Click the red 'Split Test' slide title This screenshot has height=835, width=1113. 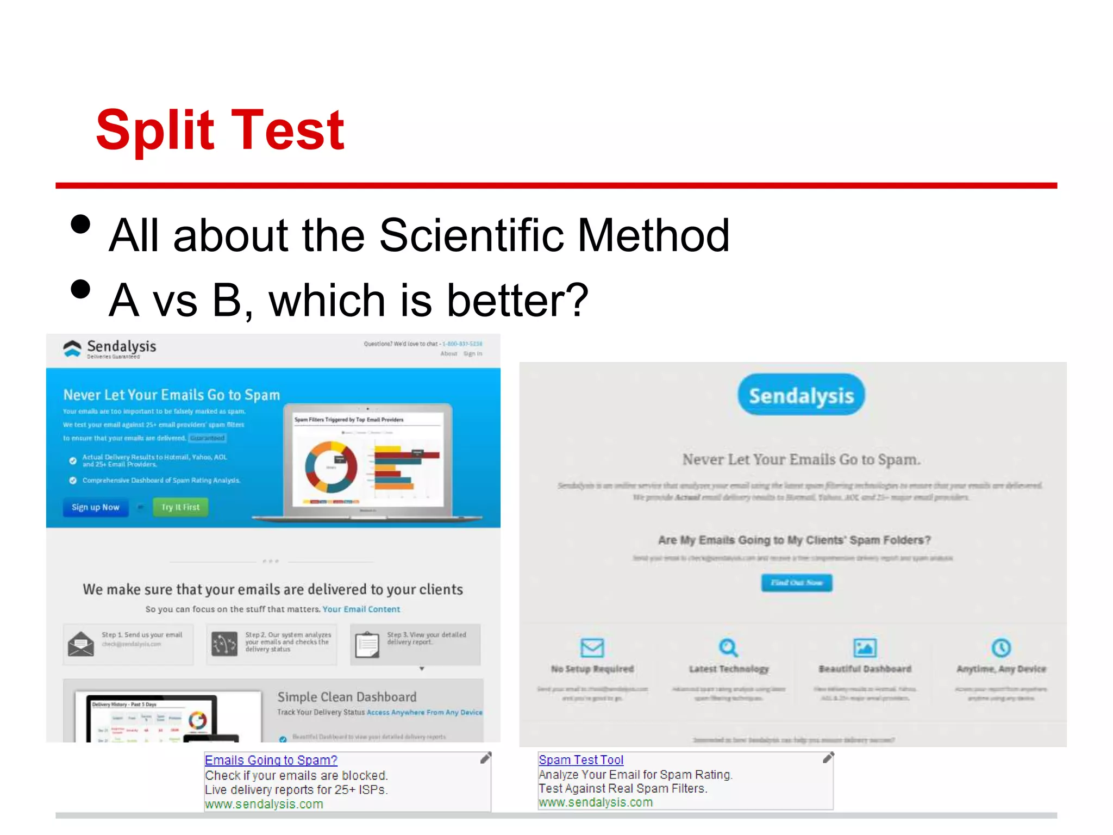[220, 130]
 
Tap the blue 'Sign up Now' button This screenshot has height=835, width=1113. [96, 507]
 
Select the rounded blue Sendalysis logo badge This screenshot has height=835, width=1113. [801, 395]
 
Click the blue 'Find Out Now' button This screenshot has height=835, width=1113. [797, 583]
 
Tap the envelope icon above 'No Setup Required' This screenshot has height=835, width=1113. [592, 647]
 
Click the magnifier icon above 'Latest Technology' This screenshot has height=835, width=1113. [728, 647]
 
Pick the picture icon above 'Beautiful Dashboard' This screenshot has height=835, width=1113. [865, 647]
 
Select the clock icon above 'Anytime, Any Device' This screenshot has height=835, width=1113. [1001, 647]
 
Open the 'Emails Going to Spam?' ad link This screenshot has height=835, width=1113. [271, 760]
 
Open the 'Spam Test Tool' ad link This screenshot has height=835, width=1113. [581, 759]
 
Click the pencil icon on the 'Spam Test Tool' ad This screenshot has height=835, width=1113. [828, 758]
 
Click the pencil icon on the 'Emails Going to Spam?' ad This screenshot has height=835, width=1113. [485, 758]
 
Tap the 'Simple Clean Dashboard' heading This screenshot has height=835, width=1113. [347, 697]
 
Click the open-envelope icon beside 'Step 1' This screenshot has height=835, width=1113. [81, 644]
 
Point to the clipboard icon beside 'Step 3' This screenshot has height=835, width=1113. [367, 645]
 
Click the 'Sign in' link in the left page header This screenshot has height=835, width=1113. [472, 353]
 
